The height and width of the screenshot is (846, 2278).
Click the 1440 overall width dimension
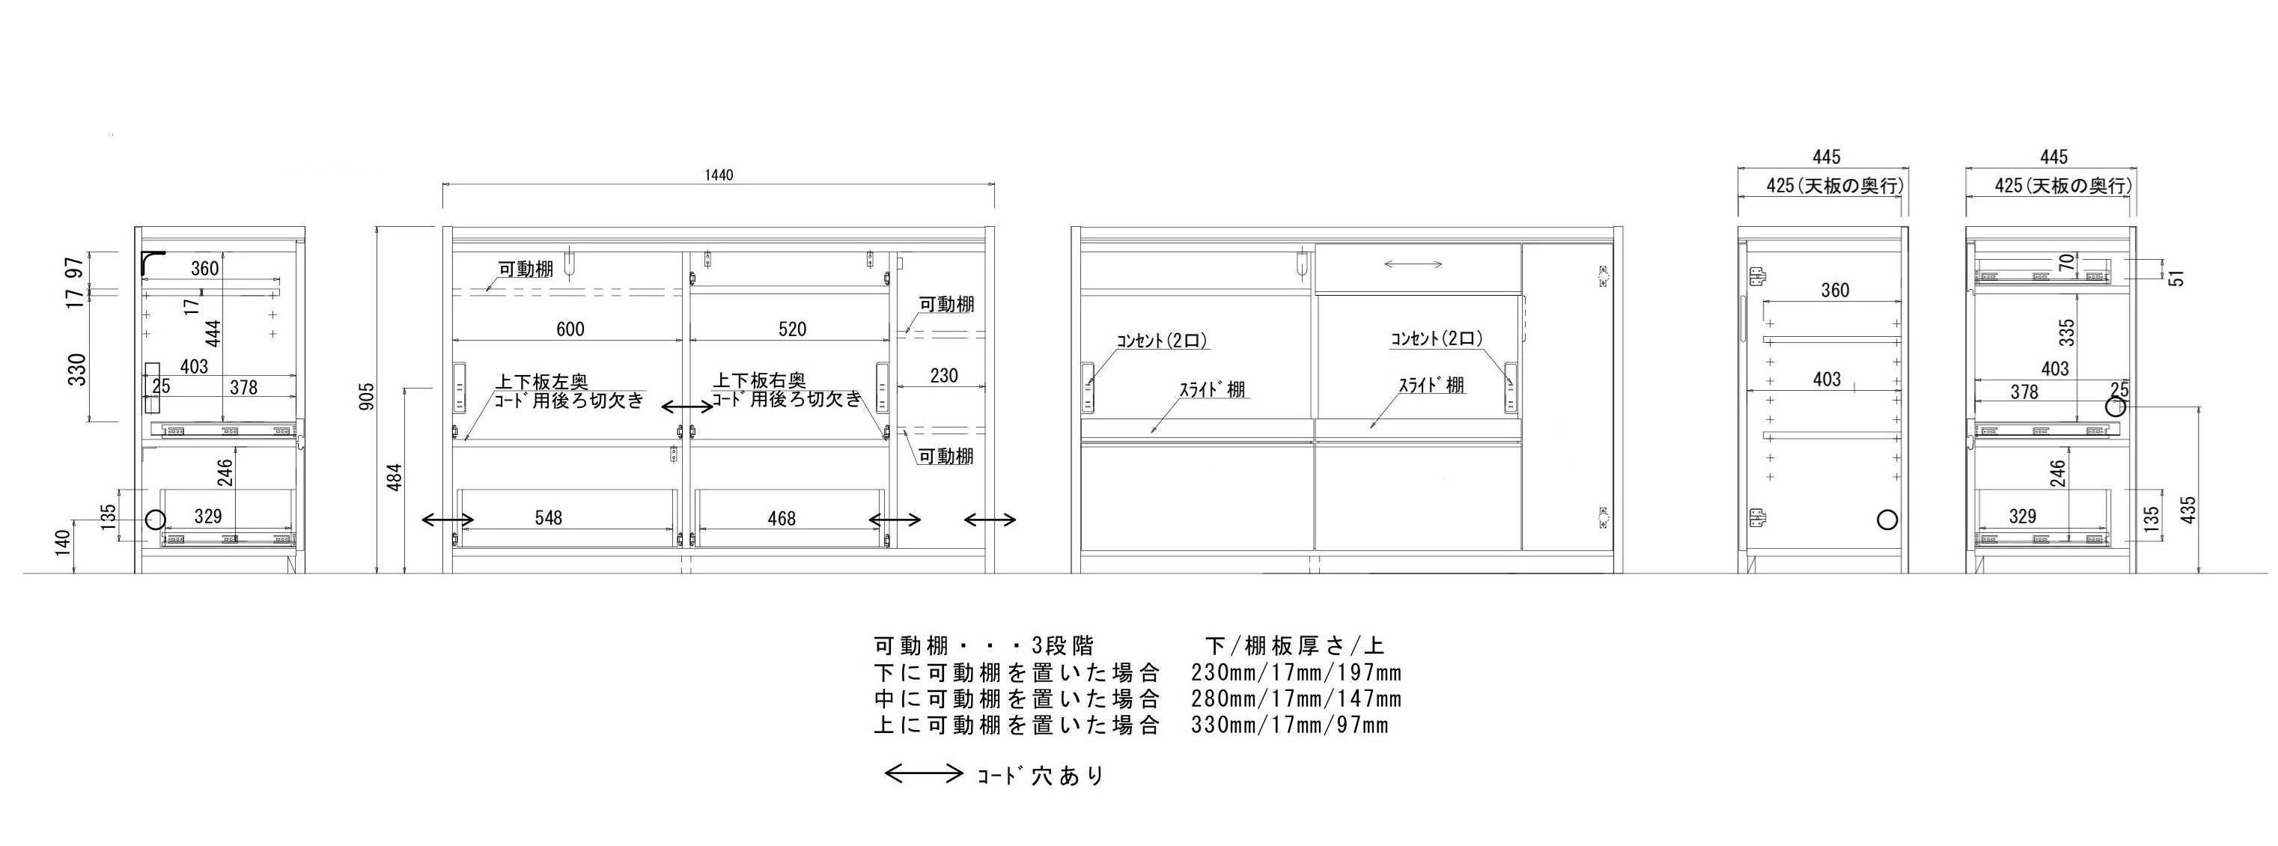tap(719, 175)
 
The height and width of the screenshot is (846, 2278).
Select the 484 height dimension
tap(395, 478)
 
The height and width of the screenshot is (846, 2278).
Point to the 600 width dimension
tap(570, 329)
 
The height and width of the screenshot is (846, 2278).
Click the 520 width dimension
tap(792, 329)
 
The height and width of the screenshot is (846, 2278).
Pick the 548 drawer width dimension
tap(548, 517)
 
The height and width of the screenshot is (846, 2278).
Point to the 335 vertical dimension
tap(2067, 332)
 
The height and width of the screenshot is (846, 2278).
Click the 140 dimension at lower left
tap(61, 541)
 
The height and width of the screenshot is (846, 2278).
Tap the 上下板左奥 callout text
tap(541, 382)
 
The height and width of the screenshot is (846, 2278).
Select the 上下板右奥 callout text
tap(760, 380)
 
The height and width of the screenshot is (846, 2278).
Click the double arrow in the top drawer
tap(1413, 264)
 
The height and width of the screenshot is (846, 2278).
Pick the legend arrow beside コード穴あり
tap(923, 774)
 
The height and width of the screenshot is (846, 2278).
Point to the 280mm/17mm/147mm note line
tap(1297, 699)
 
